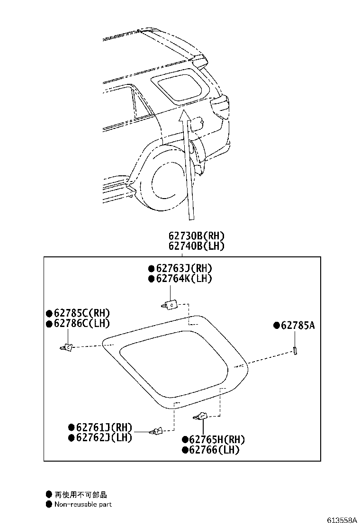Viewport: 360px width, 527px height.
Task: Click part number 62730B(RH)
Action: (x=196, y=236)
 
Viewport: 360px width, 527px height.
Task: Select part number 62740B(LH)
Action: (x=196, y=246)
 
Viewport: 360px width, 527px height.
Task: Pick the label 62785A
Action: (x=298, y=326)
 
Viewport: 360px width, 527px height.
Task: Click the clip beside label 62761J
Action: (x=156, y=431)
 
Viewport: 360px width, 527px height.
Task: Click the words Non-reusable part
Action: (x=83, y=505)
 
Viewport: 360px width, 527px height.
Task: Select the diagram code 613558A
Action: (x=341, y=520)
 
